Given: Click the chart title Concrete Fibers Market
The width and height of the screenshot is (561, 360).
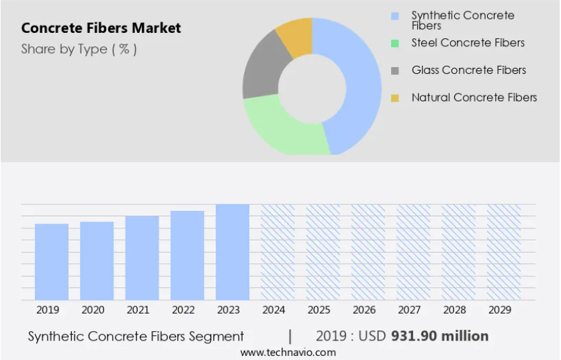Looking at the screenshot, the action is (101, 28).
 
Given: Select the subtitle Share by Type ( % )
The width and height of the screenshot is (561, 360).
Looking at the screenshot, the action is (79, 49).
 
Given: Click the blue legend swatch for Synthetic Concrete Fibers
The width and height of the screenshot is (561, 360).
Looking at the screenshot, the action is (395, 16).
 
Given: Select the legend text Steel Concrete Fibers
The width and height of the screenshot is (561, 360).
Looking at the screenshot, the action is (468, 43).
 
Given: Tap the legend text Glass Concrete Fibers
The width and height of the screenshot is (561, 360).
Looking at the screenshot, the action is (469, 70).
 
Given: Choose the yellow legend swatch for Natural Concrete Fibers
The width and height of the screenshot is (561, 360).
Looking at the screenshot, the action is (395, 98).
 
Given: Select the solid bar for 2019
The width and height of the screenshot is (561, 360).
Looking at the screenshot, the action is (52, 262).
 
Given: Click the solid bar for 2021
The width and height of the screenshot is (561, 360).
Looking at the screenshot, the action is (142, 258).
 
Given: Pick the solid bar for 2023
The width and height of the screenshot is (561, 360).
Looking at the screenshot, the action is (232, 252).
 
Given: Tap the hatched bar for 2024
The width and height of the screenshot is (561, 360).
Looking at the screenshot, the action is (277, 252).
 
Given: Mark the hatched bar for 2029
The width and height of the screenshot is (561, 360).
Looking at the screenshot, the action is (504, 252).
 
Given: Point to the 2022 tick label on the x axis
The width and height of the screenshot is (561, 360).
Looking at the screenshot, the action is (183, 310).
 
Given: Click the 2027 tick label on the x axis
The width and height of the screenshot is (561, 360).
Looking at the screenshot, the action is (409, 310).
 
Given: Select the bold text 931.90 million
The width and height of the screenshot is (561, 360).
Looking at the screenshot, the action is (439, 336).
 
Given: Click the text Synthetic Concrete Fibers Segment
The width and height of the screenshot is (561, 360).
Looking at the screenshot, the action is (136, 336).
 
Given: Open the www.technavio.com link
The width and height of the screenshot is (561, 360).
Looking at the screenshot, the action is (288, 353).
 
